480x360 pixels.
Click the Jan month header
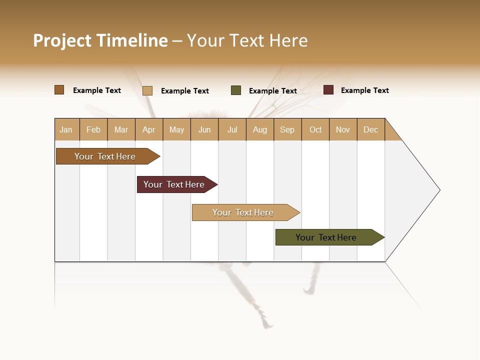pos(66,130)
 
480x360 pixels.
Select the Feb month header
pos(93,130)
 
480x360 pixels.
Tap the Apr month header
pos(149,130)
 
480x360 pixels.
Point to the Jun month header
pos(204,130)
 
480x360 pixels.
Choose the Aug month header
pos(260,130)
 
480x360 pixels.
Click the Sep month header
pos(287,130)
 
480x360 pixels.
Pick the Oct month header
pos(315,130)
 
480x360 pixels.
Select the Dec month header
pos(371,130)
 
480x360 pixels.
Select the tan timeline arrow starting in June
pos(244,212)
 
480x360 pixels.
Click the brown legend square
pos(59,90)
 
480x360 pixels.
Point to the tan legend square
pos(147,90)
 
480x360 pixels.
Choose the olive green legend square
pos(236,90)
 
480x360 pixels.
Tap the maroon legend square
pos(328,90)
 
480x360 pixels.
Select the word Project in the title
pos(63,40)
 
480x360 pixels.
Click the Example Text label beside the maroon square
pos(364,90)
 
